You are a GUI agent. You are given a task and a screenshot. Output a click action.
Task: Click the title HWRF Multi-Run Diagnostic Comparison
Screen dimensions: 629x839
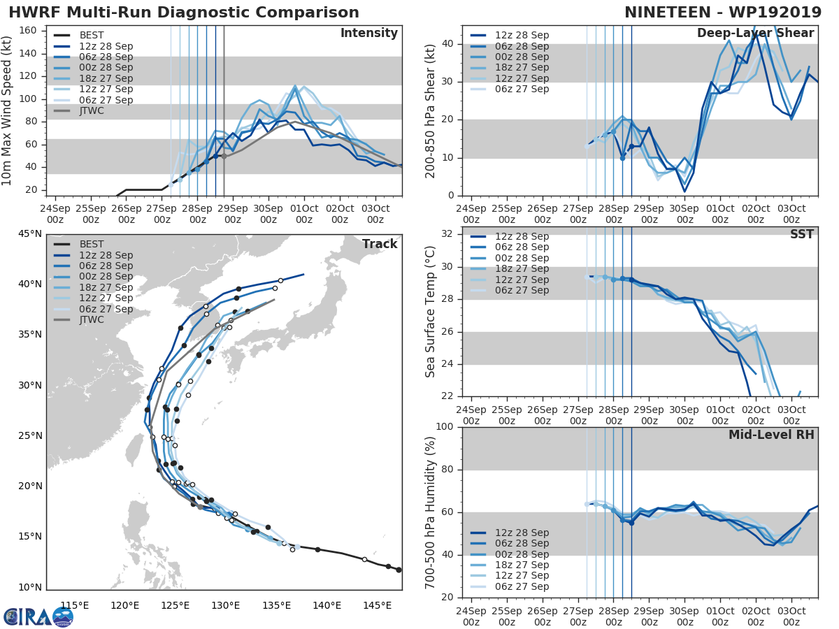[184, 13]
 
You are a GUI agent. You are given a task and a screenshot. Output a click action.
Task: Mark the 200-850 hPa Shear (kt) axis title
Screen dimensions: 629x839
[431, 111]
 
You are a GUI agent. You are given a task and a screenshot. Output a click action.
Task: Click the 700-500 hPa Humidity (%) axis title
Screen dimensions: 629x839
[431, 512]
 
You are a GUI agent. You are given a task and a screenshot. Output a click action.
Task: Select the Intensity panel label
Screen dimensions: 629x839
[368, 34]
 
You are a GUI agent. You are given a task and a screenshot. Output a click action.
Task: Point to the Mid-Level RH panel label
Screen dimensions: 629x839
[771, 435]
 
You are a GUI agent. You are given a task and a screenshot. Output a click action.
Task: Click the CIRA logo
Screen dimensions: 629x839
[38, 616]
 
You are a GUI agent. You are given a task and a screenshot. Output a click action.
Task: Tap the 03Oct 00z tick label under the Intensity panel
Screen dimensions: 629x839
[375, 215]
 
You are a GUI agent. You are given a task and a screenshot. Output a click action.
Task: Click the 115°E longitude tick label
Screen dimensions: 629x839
[74, 605]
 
